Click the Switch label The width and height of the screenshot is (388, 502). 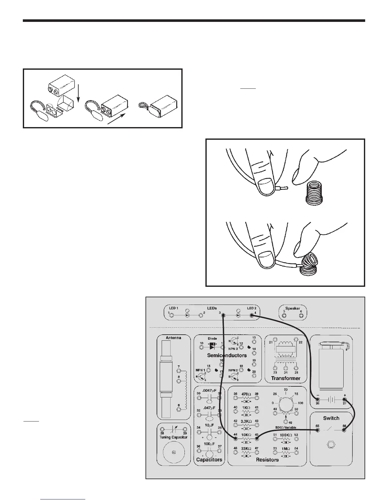331,418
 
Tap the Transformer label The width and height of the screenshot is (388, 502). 286,378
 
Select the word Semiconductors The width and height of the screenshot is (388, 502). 227,355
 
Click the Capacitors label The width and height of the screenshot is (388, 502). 209,460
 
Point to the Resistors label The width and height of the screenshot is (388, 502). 267,460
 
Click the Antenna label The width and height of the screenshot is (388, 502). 173,338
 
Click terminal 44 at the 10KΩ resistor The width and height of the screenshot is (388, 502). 236,439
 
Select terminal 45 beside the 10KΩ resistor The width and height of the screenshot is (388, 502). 257,439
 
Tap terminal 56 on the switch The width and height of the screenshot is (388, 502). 344,430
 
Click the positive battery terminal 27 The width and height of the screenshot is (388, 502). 344,400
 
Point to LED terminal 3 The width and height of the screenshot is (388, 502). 223,315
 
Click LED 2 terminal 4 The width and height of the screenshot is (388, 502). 251,315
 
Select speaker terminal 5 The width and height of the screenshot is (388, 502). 284,316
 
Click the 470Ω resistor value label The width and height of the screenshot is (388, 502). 246,394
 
